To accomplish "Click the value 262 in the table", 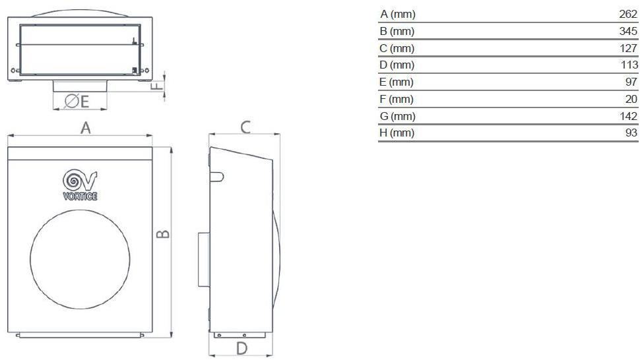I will [629, 14].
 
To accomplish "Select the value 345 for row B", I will [629, 31].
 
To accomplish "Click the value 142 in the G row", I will [629, 116].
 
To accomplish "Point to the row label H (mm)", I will [397, 133].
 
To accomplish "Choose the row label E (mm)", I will [397, 82].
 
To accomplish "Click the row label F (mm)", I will [397, 99].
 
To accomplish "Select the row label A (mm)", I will [397, 14].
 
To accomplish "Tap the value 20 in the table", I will [631, 99].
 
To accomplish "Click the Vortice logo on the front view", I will [80, 185].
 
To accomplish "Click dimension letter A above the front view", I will [85, 128].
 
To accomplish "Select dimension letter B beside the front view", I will [165, 234].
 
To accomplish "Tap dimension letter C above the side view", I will [245, 127].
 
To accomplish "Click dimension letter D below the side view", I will [241, 349].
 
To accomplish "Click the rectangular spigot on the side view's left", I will [203, 259].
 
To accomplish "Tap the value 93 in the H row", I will [631, 133].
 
